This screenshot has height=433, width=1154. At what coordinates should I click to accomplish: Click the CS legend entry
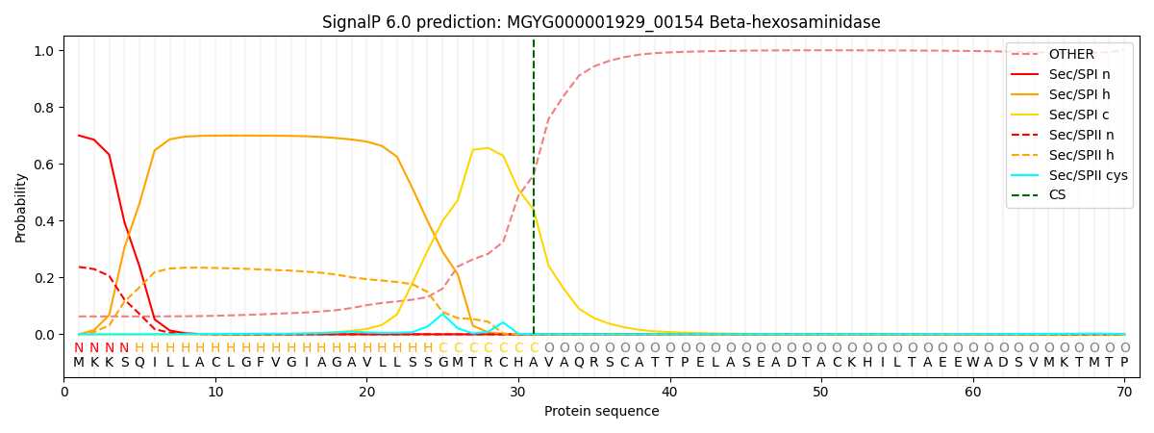(1057, 195)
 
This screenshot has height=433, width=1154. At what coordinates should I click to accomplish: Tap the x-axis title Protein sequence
(601, 412)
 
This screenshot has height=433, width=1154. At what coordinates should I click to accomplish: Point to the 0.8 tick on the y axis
(44, 108)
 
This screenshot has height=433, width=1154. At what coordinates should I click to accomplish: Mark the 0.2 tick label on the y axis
(44, 278)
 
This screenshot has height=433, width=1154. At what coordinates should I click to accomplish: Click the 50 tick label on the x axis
(820, 393)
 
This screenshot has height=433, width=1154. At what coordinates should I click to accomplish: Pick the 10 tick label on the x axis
(215, 393)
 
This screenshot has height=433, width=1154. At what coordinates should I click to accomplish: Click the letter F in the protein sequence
(261, 363)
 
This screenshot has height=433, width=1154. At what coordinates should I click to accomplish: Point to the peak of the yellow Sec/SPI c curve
(488, 148)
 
